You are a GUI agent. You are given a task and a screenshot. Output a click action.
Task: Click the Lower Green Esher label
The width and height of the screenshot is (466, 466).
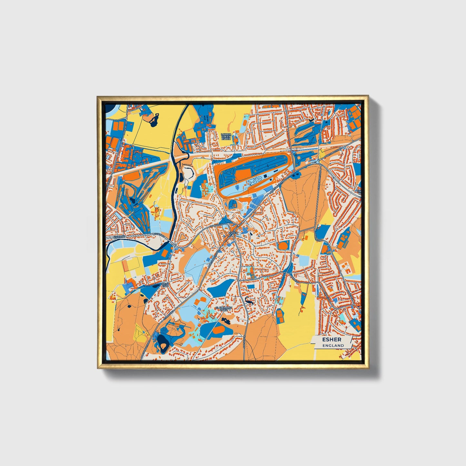tap(226, 136)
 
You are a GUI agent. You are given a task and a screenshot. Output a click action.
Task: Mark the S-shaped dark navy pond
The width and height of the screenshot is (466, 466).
tap(249, 301)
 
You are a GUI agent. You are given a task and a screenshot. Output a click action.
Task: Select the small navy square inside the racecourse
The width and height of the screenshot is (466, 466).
tap(265, 176)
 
